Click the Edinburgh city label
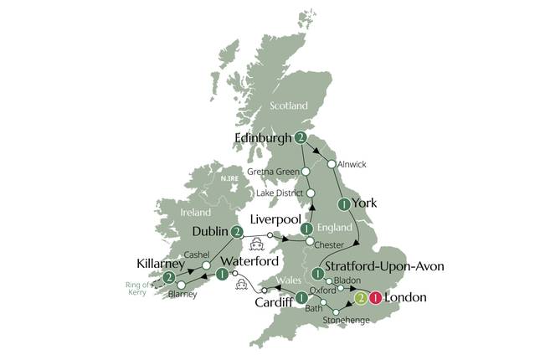pos(263,138)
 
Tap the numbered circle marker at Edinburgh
pos(300,138)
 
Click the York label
pos(365,203)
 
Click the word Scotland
pos(289,106)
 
